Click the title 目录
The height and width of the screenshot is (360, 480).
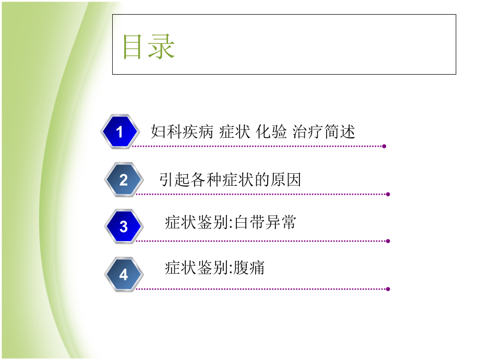point(149,47)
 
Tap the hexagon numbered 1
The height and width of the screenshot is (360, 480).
point(119,132)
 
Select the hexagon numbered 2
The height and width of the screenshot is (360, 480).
point(123,180)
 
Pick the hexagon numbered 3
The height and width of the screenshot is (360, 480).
point(123,226)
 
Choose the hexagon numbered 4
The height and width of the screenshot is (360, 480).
point(123,274)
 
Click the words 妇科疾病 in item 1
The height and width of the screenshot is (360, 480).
point(182,131)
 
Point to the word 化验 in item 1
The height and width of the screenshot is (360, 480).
point(271,131)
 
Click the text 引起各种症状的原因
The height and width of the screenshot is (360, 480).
point(230,180)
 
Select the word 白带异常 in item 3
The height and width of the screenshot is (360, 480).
point(265,223)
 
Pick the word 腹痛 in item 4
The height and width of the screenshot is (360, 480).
point(249,268)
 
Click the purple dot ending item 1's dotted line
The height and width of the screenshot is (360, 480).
point(385,146)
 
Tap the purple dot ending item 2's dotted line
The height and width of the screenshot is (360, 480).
point(388,194)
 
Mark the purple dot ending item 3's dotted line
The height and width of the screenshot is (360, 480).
point(388,241)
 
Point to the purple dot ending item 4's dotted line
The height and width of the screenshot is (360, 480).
point(388,289)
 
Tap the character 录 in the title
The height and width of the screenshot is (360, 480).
point(161,47)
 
